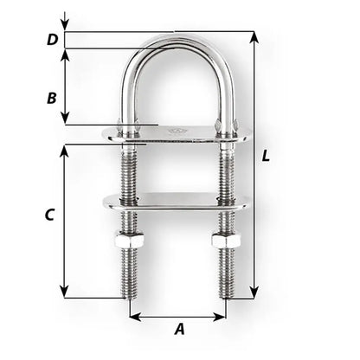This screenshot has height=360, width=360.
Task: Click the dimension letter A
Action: coord(179,328)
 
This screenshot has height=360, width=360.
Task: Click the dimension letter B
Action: coord(51,98)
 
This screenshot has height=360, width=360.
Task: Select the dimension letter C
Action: coord(49,213)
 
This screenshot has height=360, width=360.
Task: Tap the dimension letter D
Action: coord(52,40)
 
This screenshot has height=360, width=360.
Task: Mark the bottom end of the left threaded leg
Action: coord(126,294)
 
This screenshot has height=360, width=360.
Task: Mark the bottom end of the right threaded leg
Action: coord(227,294)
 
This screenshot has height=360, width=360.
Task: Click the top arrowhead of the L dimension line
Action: coord(254,36)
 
